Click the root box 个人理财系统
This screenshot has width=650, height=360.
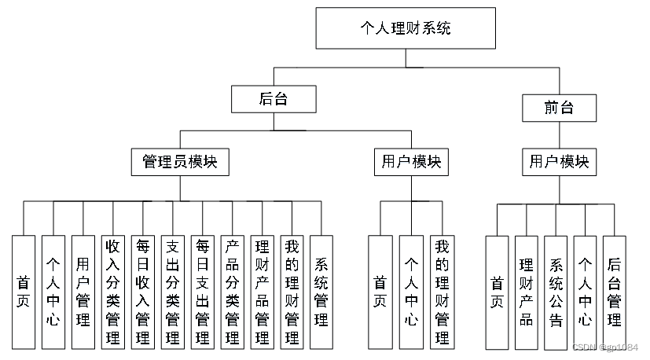(405, 28)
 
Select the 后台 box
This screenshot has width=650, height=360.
(273, 99)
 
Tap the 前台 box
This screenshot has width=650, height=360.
(559, 108)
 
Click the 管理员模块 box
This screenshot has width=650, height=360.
(179, 162)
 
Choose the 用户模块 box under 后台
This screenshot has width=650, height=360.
(411, 162)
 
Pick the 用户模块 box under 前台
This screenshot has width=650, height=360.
(559, 162)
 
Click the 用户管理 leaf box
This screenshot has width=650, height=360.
(83, 292)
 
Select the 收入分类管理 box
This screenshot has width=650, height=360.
(113, 292)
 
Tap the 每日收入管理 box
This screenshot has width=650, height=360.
(143, 292)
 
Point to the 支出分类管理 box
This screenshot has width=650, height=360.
(173, 292)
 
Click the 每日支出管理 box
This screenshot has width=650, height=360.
(203, 292)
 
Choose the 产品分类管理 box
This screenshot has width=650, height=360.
(233, 292)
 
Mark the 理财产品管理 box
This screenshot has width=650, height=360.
(262, 292)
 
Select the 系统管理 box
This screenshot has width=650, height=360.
(321, 292)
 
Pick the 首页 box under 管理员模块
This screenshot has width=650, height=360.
(24, 292)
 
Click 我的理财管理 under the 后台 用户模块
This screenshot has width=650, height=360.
(442, 292)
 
